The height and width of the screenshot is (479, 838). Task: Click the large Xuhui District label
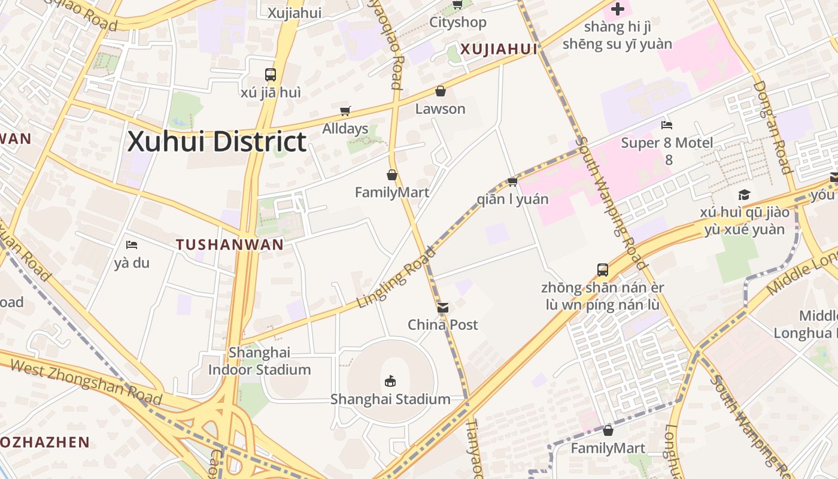coord(217,143)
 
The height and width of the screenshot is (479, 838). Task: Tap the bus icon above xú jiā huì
coord(271,75)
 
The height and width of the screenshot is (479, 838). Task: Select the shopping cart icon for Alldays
coord(345,111)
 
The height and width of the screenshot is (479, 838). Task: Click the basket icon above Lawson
coord(441,91)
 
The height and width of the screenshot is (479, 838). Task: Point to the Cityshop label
coord(458,23)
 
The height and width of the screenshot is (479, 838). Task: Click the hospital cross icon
coord(618,9)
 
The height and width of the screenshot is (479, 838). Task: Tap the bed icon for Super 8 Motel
coord(667,125)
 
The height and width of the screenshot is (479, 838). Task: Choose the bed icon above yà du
coord(132,245)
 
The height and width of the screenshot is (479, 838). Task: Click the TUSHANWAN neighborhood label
coord(230,244)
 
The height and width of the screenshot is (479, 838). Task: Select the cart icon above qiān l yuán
coord(512,181)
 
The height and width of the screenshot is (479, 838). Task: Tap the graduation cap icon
coord(744,195)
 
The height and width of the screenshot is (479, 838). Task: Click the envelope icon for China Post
coord(443,308)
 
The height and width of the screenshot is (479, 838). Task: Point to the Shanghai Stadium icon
coord(390,381)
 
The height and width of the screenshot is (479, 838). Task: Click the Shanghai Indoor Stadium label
coord(260,361)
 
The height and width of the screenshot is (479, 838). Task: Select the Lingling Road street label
coord(396,277)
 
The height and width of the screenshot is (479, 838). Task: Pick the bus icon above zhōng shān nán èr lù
coord(603,269)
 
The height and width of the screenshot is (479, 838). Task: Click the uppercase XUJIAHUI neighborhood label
coord(499,50)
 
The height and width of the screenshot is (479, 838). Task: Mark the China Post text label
coord(443,325)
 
